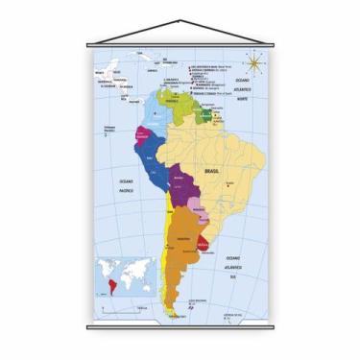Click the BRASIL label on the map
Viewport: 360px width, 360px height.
pos(212,171)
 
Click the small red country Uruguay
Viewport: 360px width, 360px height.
pos(204,246)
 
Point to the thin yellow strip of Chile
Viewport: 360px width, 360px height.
pos(165,250)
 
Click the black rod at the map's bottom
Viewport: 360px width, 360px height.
pos(180,326)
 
